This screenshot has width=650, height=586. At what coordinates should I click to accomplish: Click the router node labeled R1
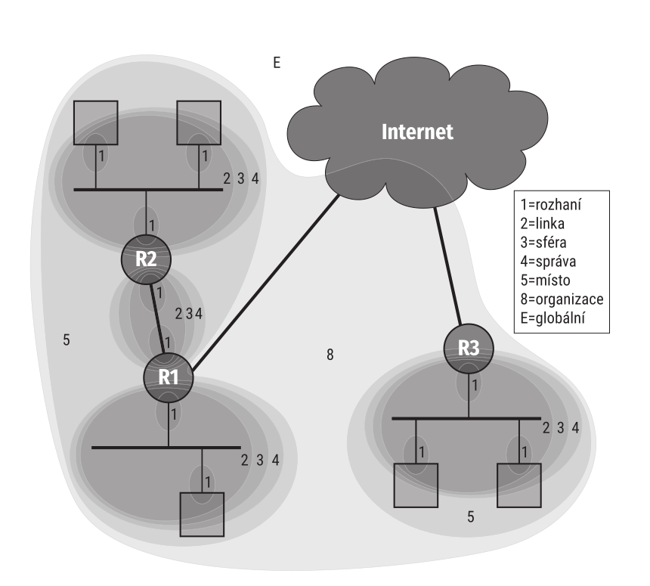pyautogui.click(x=169, y=375)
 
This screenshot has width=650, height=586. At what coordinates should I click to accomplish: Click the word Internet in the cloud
pyautogui.click(x=418, y=132)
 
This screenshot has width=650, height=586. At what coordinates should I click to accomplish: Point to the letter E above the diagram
pyautogui.click(x=277, y=62)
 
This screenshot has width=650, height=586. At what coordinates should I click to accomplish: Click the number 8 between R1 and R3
pyautogui.click(x=330, y=354)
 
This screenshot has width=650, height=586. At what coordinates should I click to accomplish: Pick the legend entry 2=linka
pyautogui.click(x=543, y=225)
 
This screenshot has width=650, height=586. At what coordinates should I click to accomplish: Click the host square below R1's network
pyautogui.click(x=202, y=514)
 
